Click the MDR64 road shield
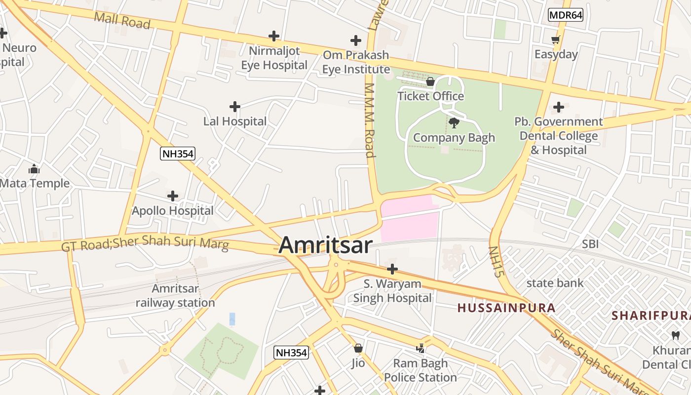click(566, 15)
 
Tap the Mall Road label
click(122, 20)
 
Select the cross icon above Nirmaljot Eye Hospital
click(274, 36)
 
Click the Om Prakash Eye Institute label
click(356, 62)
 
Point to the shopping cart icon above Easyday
click(556, 40)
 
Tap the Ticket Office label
click(430, 96)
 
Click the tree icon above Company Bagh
click(454, 123)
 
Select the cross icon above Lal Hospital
click(235, 107)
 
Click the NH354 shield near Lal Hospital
click(178, 154)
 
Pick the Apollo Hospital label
click(172, 211)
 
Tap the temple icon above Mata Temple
click(34, 169)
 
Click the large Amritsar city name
click(325, 245)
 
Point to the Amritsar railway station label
click(175, 295)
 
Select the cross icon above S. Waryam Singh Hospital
click(392, 269)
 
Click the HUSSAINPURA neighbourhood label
click(506, 308)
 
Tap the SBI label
click(590, 244)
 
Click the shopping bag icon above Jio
click(358, 348)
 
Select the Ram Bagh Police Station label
click(421, 370)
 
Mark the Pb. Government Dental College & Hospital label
click(559, 136)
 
